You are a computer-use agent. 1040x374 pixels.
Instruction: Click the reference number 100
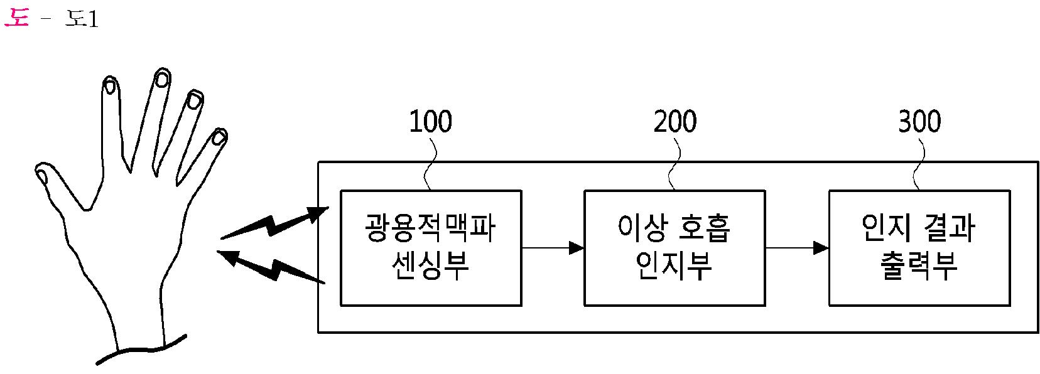click(430, 122)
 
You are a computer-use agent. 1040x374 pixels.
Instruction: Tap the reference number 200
click(674, 122)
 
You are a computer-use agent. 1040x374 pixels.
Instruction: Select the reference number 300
click(919, 122)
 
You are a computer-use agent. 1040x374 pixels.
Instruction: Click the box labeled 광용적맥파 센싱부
click(431, 248)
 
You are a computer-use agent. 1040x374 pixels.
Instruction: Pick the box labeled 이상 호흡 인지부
click(674, 248)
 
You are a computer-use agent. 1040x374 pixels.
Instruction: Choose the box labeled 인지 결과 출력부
click(919, 248)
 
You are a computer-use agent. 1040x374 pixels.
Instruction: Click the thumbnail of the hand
click(41, 174)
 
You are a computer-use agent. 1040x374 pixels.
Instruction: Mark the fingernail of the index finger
click(110, 85)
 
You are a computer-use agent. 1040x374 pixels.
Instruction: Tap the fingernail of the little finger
click(218, 137)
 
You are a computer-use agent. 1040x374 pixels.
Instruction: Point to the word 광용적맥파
click(430, 228)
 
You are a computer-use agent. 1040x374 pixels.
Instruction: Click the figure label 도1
click(82, 19)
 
